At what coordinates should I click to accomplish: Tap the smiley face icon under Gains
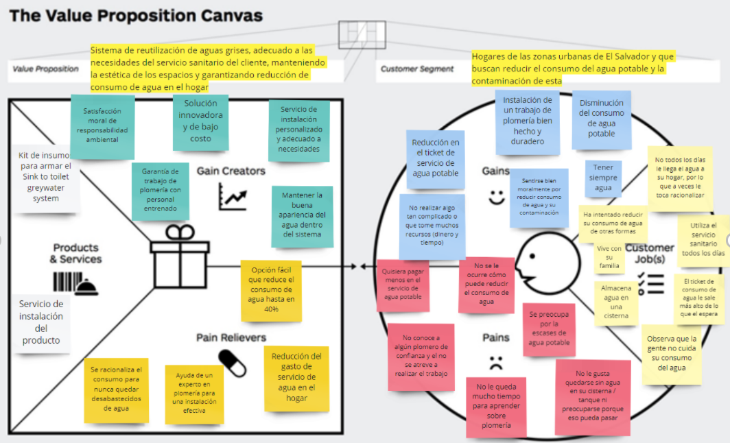pyautogui.click(x=496, y=196)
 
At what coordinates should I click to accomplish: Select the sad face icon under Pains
pyautogui.click(x=496, y=361)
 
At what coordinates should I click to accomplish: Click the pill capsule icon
pyautogui.click(x=233, y=363)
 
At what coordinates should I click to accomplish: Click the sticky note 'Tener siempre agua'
pyautogui.click(x=603, y=178)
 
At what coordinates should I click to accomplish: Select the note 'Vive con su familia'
pyautogui.click(x=609, y=256)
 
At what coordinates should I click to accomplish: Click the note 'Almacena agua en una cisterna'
pyautogui.click(x=615, y=302)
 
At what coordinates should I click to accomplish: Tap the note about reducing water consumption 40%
pyautogui.click(x=271, y=289)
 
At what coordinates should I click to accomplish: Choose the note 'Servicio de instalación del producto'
pyautogui.click(x=41, y=322)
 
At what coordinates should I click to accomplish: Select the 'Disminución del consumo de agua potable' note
pyautogui.click(x=601, y=119)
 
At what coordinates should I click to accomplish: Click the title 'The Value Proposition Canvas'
pyautogui.click(x=135, y=15)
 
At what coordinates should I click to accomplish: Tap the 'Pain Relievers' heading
pyautogui.click(x=231, y=337)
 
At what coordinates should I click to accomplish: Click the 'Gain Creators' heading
pyautogui.click(x=231, y=170)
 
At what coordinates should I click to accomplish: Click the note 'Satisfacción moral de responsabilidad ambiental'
pyautogui.click(x=102, y=125)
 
